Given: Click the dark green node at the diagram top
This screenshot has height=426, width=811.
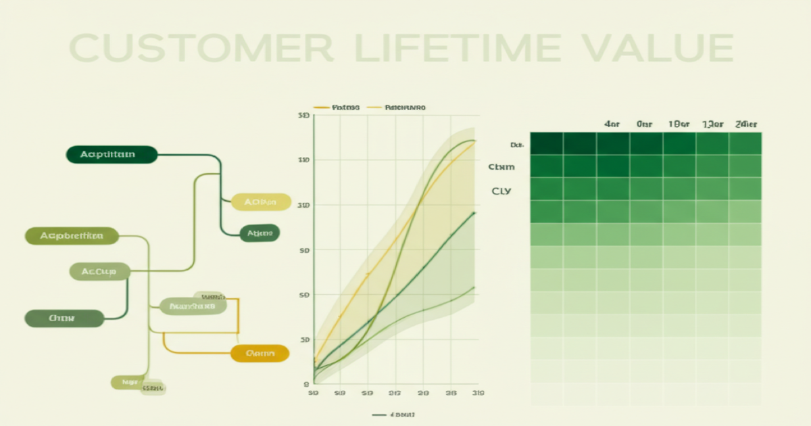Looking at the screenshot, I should pos(112,154).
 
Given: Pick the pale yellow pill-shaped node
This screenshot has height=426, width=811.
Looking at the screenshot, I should pos(261,202).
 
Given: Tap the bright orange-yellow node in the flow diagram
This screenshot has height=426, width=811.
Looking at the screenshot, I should pos(260,353).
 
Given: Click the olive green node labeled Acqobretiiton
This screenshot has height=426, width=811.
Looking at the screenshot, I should pos(72,236).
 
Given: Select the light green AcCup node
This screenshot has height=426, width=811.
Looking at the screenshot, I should pos(99,272).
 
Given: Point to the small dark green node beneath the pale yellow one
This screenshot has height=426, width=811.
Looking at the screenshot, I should pos(260,233).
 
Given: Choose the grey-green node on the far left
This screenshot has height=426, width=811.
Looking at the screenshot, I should pos(64,318).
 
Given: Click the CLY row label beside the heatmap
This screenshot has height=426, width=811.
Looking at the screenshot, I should pos(501,191).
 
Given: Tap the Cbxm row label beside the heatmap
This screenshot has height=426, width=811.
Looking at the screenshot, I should pos(501,166).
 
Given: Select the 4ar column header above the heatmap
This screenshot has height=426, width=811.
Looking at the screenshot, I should pos(612,124).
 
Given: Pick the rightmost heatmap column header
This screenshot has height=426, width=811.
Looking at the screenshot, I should pos(745,124).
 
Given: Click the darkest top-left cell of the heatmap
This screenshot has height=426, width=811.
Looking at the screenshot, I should pos(546,143).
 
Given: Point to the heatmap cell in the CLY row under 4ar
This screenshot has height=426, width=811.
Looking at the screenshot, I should pos(612,189).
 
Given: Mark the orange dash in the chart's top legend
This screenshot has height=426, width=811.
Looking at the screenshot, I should pos(321,108).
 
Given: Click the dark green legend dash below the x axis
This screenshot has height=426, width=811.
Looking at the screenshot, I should pos(378,414).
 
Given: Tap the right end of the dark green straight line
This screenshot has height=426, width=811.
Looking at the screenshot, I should pos(474,212).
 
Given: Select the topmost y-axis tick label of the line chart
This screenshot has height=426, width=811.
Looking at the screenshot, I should pos(303,116).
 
